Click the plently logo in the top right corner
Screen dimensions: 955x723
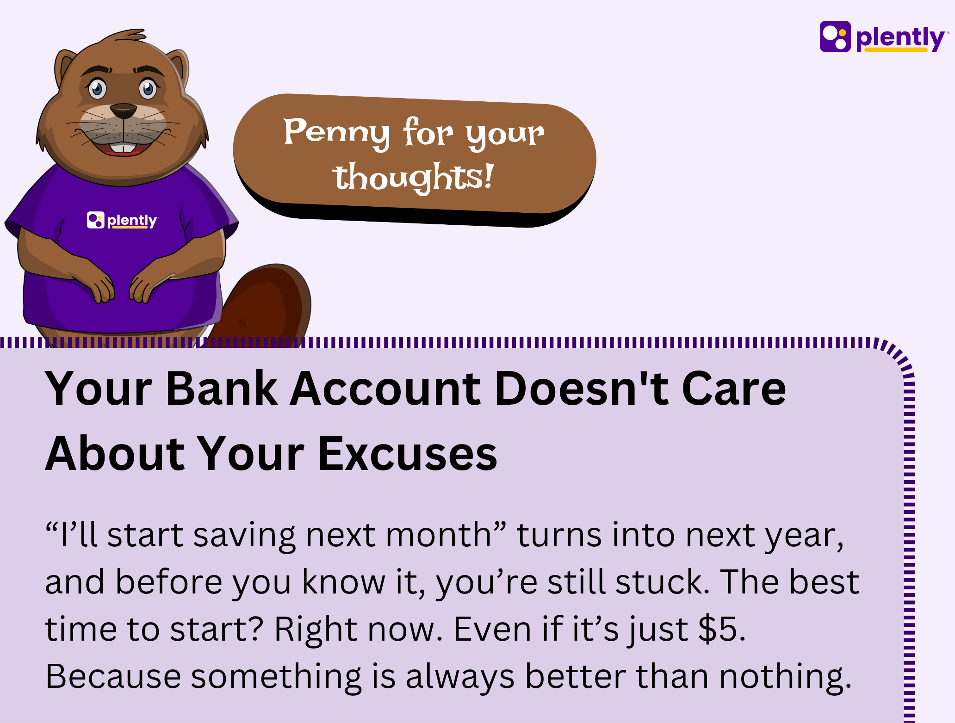coord(883,37)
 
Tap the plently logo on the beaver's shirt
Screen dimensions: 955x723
coord(123,220)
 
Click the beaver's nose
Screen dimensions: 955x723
coord(124,111)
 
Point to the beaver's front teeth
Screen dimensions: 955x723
coord(124,148)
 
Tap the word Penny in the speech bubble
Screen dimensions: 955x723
coord(336,133)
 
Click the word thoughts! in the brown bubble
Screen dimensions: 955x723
coord(414,177)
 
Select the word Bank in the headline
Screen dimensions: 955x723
coord(222,388)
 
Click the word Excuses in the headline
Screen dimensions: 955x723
coord(408,454)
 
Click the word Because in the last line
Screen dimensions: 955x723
coord(113,676)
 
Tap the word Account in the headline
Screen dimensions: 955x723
coord(386,389)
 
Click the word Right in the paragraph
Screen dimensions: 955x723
coord(316,630)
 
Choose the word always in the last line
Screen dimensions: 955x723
coord(460,677)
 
